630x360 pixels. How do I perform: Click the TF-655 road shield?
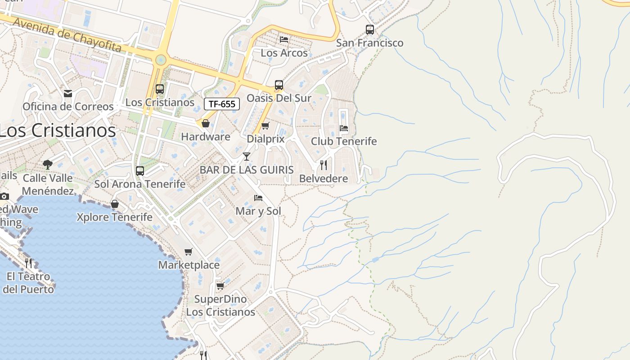(x=222, y=104)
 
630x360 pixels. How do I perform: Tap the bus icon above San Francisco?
(x=370, y=30)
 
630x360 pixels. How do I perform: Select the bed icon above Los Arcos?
(x=284, y=40)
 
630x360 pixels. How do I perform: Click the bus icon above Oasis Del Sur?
(x=279, y=85)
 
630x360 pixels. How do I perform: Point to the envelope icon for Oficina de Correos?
(x=68, y=94)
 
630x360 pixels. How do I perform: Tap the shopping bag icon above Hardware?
(x=206, y=123)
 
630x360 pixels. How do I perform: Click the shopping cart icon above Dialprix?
(x=265, y=126)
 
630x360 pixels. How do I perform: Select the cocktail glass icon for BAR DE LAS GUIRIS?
(x=247, y=157)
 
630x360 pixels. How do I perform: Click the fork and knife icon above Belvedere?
(x=324, y=165)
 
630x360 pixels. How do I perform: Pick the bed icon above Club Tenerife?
(x=344, y=128)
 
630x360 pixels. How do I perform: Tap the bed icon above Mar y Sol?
(x=258, y=198)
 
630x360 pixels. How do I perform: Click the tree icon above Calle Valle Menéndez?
(x=48, y=164)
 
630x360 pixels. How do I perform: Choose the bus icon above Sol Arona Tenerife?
(x=140, y=171)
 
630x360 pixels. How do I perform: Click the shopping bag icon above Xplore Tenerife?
(x=115, y=204)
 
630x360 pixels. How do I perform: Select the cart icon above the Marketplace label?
(x=189, y=252)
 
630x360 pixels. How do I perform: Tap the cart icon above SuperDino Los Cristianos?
(x=220, y=286)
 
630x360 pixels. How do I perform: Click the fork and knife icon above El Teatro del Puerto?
(x=28, y=262)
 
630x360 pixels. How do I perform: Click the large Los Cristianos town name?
(x=58, y=130)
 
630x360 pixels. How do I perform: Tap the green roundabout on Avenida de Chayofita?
(x=161, y=60)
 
